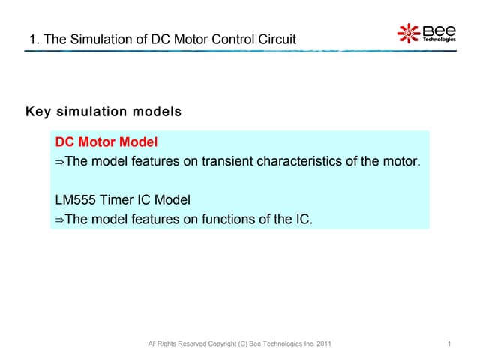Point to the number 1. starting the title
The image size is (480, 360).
(33, 40)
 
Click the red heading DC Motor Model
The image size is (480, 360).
(106, 142)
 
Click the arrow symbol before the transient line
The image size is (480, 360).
(60, 162)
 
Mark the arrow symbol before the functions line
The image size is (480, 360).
(60, 220)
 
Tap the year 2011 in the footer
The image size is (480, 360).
(322, 343)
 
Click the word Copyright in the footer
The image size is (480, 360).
(223, 343)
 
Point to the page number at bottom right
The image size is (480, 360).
(447, 343)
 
